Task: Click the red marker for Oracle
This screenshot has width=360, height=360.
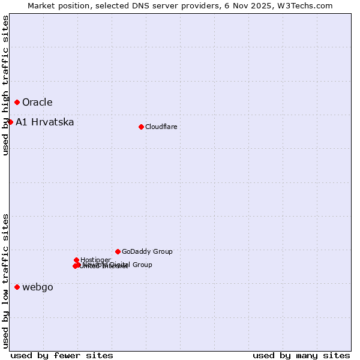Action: pyautogui.click(x=17, y=102)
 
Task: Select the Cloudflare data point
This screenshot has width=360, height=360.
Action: pyautogui.click(x=141, y=127)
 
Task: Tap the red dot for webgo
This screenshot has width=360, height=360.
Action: pyautogui.click(x=17, y=287)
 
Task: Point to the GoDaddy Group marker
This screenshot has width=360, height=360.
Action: pyautogui.click(x=118, y=251)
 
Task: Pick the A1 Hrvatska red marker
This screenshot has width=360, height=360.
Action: pyautogui.click(x=10, y=122)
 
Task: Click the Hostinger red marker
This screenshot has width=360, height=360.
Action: pyautogui.click(x=76, y=260)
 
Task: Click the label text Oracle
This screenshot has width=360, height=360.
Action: pyautogui.click(x=37, y=103)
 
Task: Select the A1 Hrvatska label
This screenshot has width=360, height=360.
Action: pyautogui.click(x=45, y=122)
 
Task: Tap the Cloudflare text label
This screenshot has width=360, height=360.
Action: pyautogui.click(x=161, y=127)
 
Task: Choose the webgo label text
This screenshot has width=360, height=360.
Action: pyautogui.click(x=38, y=287)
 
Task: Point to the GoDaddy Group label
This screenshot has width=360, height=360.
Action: pyautogui.click(x=147, y=251)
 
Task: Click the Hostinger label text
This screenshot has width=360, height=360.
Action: pyautogui.click(x=95, y=260)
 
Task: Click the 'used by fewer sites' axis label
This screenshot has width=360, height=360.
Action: pyautogui.click(x=62, y=356)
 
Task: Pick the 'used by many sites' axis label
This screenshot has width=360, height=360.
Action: pyautogui.click(x=301, y=356)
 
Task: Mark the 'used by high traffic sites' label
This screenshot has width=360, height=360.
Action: pyautogui.click(x=6, y=86)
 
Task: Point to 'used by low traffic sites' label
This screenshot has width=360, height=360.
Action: pyautogui.click(x=6, y=281)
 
